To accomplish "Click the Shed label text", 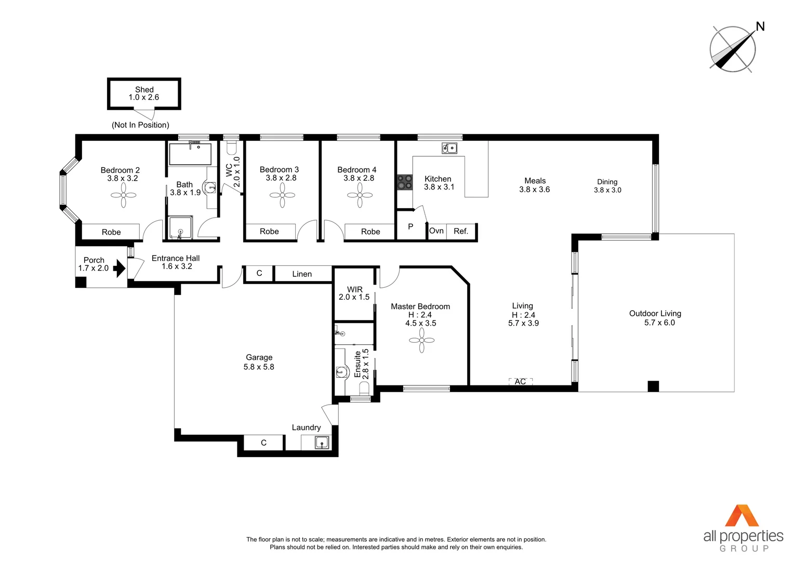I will [x=144, y=89].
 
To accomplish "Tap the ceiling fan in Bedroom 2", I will [x=124, y=195].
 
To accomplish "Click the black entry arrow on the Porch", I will [x=120, y=268].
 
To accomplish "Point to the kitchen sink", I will [x=449, y=148].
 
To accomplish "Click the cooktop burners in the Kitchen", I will [x=405, y=182].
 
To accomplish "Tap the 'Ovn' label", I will [x=436, y=231].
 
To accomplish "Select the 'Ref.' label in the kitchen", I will [x=461, y=231].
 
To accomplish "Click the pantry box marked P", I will [x=411, y=226].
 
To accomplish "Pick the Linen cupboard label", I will [x=302, y=274].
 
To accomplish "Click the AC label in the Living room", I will [x=520, y=381].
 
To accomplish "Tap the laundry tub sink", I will [x=322, y=443].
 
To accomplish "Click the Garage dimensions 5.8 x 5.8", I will [x=259, y=367].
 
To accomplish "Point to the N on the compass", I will [x=760, y=26].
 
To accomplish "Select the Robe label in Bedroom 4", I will [x=370, y=232].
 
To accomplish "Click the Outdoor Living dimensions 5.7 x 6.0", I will [x=659, y=323].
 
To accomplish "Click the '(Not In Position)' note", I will [x=140, y=125].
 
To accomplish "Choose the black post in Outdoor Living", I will [x=653, y=386].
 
